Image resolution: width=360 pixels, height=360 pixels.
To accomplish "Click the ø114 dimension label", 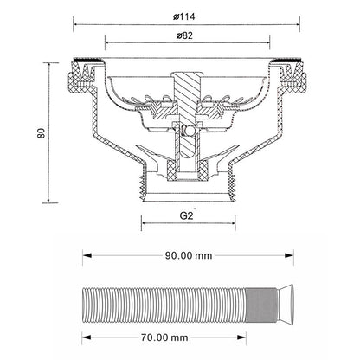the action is tap(184, 16).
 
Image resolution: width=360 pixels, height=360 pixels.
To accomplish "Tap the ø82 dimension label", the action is tap(184, 35).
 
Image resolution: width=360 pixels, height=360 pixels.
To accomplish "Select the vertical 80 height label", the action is tap(42, 133).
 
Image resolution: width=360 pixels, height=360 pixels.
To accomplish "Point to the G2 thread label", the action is tap(186, 215).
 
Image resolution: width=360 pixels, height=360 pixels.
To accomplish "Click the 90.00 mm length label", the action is tap(189, 255).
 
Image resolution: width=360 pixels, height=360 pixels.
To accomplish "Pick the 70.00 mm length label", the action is tap(164, 337).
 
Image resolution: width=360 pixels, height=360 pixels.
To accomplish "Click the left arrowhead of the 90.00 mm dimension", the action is tap(87, 255).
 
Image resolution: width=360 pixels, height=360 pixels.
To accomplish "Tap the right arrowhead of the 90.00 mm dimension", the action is tap(289, 255).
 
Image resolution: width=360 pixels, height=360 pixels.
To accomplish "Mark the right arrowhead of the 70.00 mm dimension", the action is tap(241, 337).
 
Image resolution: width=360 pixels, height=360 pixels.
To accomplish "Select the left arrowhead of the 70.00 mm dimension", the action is tap(87, 337).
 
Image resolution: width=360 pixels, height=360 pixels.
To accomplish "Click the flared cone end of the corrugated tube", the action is tap(286, 305).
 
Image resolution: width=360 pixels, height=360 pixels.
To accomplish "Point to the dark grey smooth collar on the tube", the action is tap(262, 305).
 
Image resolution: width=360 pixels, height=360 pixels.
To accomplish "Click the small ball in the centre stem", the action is tap(190, 131).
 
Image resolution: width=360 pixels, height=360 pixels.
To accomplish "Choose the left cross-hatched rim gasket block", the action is tap(82, 76).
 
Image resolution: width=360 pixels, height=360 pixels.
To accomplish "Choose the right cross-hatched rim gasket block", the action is tap(292, 76).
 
